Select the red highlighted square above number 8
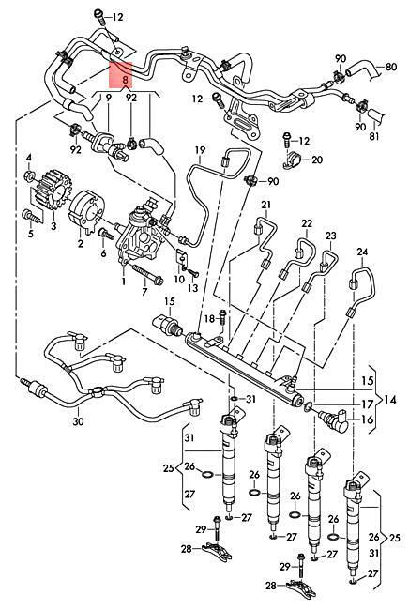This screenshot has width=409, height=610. tap(121, 74)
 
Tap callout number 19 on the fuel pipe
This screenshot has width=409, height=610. tap(200, 149)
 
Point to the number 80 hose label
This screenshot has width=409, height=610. tap(391, 67)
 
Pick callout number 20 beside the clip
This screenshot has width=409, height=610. tap(317, 160)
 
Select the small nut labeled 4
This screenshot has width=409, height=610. tap(29, 176)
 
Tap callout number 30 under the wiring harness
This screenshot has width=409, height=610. tap(78, 421)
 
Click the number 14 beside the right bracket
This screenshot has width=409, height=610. tap(390, 400)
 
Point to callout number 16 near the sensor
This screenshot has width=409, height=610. tap(368, 419)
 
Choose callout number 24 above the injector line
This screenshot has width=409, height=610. tap(362, 252)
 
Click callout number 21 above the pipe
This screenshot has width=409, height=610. tap(265, 205)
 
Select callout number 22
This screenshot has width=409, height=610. tap(307, 223)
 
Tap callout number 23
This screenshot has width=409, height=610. tap(330, 236)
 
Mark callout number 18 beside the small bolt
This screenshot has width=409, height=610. tap(209, 319)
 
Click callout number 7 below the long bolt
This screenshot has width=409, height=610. tap(144, 292)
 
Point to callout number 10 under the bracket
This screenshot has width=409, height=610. tap(179, 279)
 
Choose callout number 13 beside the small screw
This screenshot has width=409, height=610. tap(193, 288)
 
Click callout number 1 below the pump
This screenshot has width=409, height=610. tap(124, 280)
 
